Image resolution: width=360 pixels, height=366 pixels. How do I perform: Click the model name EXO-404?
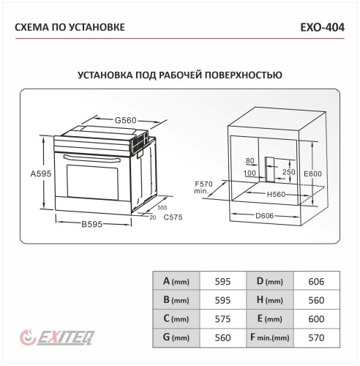pos(321,28)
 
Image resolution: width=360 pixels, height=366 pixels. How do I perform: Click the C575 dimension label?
pos(173,217)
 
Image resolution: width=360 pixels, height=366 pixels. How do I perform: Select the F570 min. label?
pos(203,187)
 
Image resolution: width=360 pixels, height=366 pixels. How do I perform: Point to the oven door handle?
pos(91,156)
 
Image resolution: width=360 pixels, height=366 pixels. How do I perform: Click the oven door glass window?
pos(92,182)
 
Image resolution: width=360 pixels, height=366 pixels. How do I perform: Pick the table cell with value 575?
pos(223,319)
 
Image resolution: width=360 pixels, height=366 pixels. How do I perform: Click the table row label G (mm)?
pos(176,338)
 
